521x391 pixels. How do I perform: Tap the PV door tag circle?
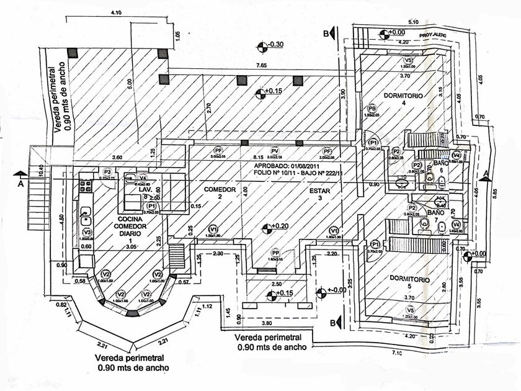[x=274, y=151]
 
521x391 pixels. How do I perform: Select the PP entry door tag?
[x=275, y=253]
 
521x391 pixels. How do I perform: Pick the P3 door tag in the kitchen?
[x=107, y=171]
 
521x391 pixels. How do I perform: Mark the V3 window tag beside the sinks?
[x=87, y=232]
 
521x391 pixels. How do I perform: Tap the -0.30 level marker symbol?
[x=263, y=45]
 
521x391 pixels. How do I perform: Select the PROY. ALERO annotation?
[x=432, y=36]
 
